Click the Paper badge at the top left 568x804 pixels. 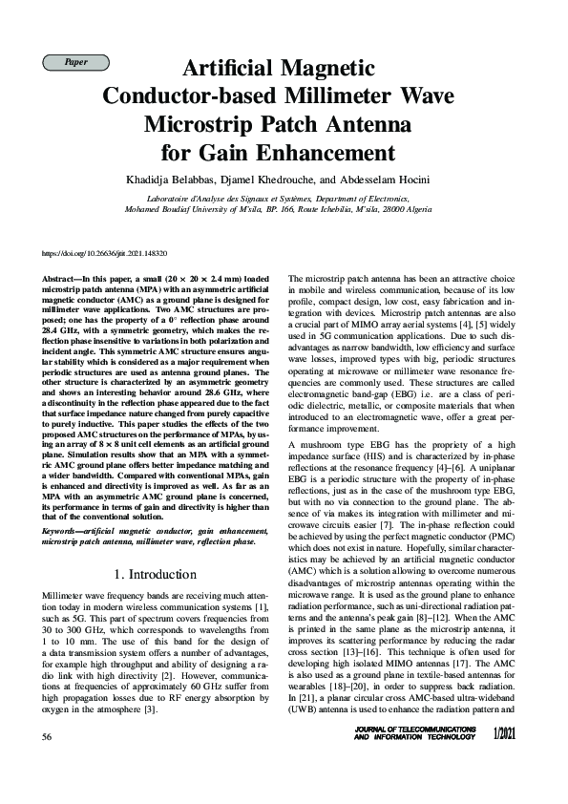[76, 62]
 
